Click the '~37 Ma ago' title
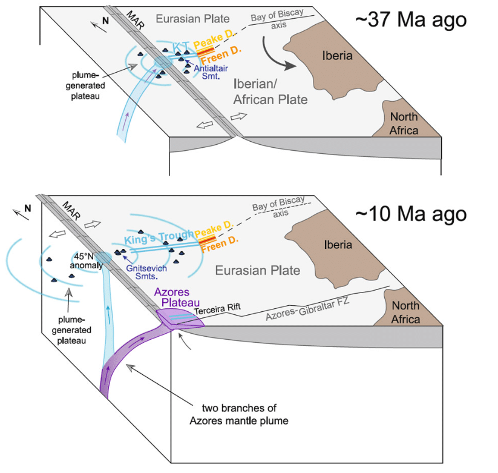coord(411,20)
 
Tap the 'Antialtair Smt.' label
coord(211,72)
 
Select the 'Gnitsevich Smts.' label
coord(146,272)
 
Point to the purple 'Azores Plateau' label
coord(177,297)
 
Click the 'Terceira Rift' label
coord(217,309)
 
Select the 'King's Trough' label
coord(159,237)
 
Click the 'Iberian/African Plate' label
coord(270,92)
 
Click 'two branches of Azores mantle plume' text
coord(239,414)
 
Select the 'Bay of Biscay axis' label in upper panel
coord(278,19)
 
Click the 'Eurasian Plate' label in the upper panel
coord(192,19)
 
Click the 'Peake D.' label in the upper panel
coord(214,39)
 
